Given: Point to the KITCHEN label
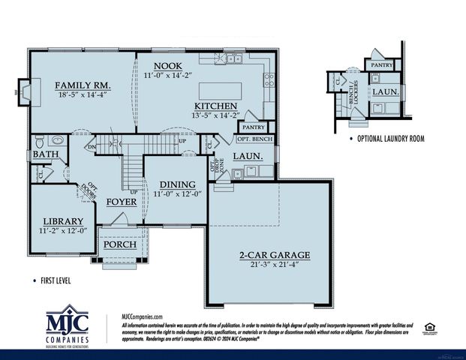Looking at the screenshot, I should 216,106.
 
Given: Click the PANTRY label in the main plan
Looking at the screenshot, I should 253,127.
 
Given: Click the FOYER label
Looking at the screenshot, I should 122,202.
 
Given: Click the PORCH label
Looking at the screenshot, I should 119,245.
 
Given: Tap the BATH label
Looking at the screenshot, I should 41,155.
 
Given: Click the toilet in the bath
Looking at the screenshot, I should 56,140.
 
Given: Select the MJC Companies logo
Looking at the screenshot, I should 67,326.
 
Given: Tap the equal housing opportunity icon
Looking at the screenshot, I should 429,326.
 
